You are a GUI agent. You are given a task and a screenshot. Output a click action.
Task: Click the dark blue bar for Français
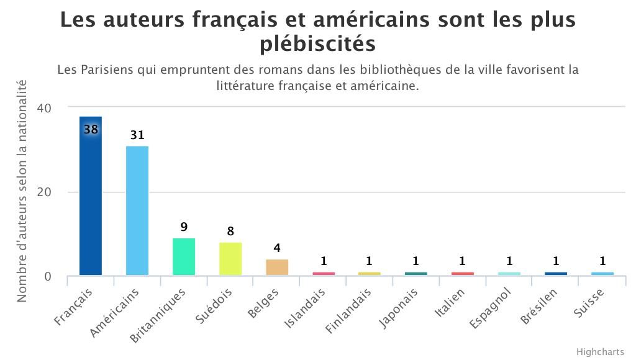[x=91, y=199]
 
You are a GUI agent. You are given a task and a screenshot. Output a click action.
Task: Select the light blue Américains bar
[x=137, y=211]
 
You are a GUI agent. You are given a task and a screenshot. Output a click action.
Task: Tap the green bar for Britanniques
[x=184, y=257]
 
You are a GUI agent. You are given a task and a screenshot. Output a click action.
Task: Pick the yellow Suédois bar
[x=230, y=259]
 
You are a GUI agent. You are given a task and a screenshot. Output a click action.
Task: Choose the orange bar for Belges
[x=277, y=268]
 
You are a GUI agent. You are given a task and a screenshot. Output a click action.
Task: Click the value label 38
[x=91, y=130]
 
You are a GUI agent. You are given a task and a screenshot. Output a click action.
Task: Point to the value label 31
[x=137, y=135]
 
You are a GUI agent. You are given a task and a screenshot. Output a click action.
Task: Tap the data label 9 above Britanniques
[x=184, y=227]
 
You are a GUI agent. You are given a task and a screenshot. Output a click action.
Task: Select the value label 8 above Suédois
[x=230, y=232]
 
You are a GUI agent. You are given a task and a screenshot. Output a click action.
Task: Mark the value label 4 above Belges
[x=277, y=248]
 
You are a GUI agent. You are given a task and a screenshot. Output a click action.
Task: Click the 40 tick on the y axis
[x=43, y=107]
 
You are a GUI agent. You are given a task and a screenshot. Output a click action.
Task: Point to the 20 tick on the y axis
[x=43, y=192]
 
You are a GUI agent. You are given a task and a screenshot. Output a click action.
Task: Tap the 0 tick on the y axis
[x=48, y=276]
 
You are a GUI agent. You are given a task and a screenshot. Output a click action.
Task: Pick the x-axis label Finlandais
[x=348, y=310]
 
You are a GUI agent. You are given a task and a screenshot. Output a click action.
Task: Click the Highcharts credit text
[x=600, y=352]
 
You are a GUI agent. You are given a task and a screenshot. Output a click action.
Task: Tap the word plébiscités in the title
[x=317, y=44]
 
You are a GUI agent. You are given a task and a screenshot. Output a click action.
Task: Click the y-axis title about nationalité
[x=22, y=191]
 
